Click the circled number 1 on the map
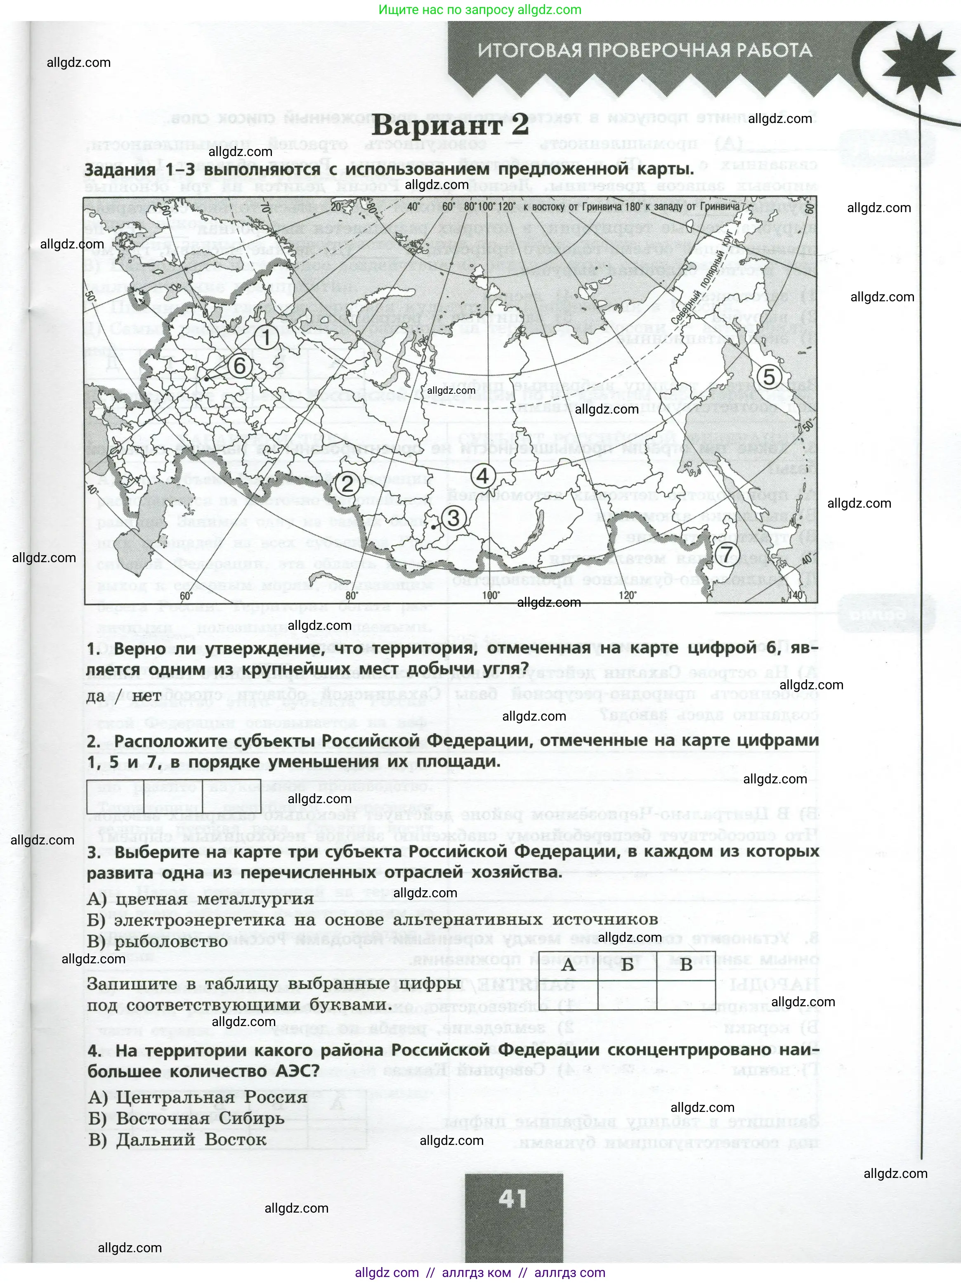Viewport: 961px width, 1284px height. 267,337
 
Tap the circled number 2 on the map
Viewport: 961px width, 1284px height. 347,483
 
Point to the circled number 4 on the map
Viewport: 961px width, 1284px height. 483,476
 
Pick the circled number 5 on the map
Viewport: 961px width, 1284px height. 769,377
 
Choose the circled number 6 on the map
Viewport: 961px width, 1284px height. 240,366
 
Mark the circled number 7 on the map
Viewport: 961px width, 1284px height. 727,554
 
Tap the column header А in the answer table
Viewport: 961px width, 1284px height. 568,965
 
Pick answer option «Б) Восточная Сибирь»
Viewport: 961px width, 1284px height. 186,1118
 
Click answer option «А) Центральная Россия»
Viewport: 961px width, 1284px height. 197,1097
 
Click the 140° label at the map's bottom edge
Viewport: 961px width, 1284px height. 797,595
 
